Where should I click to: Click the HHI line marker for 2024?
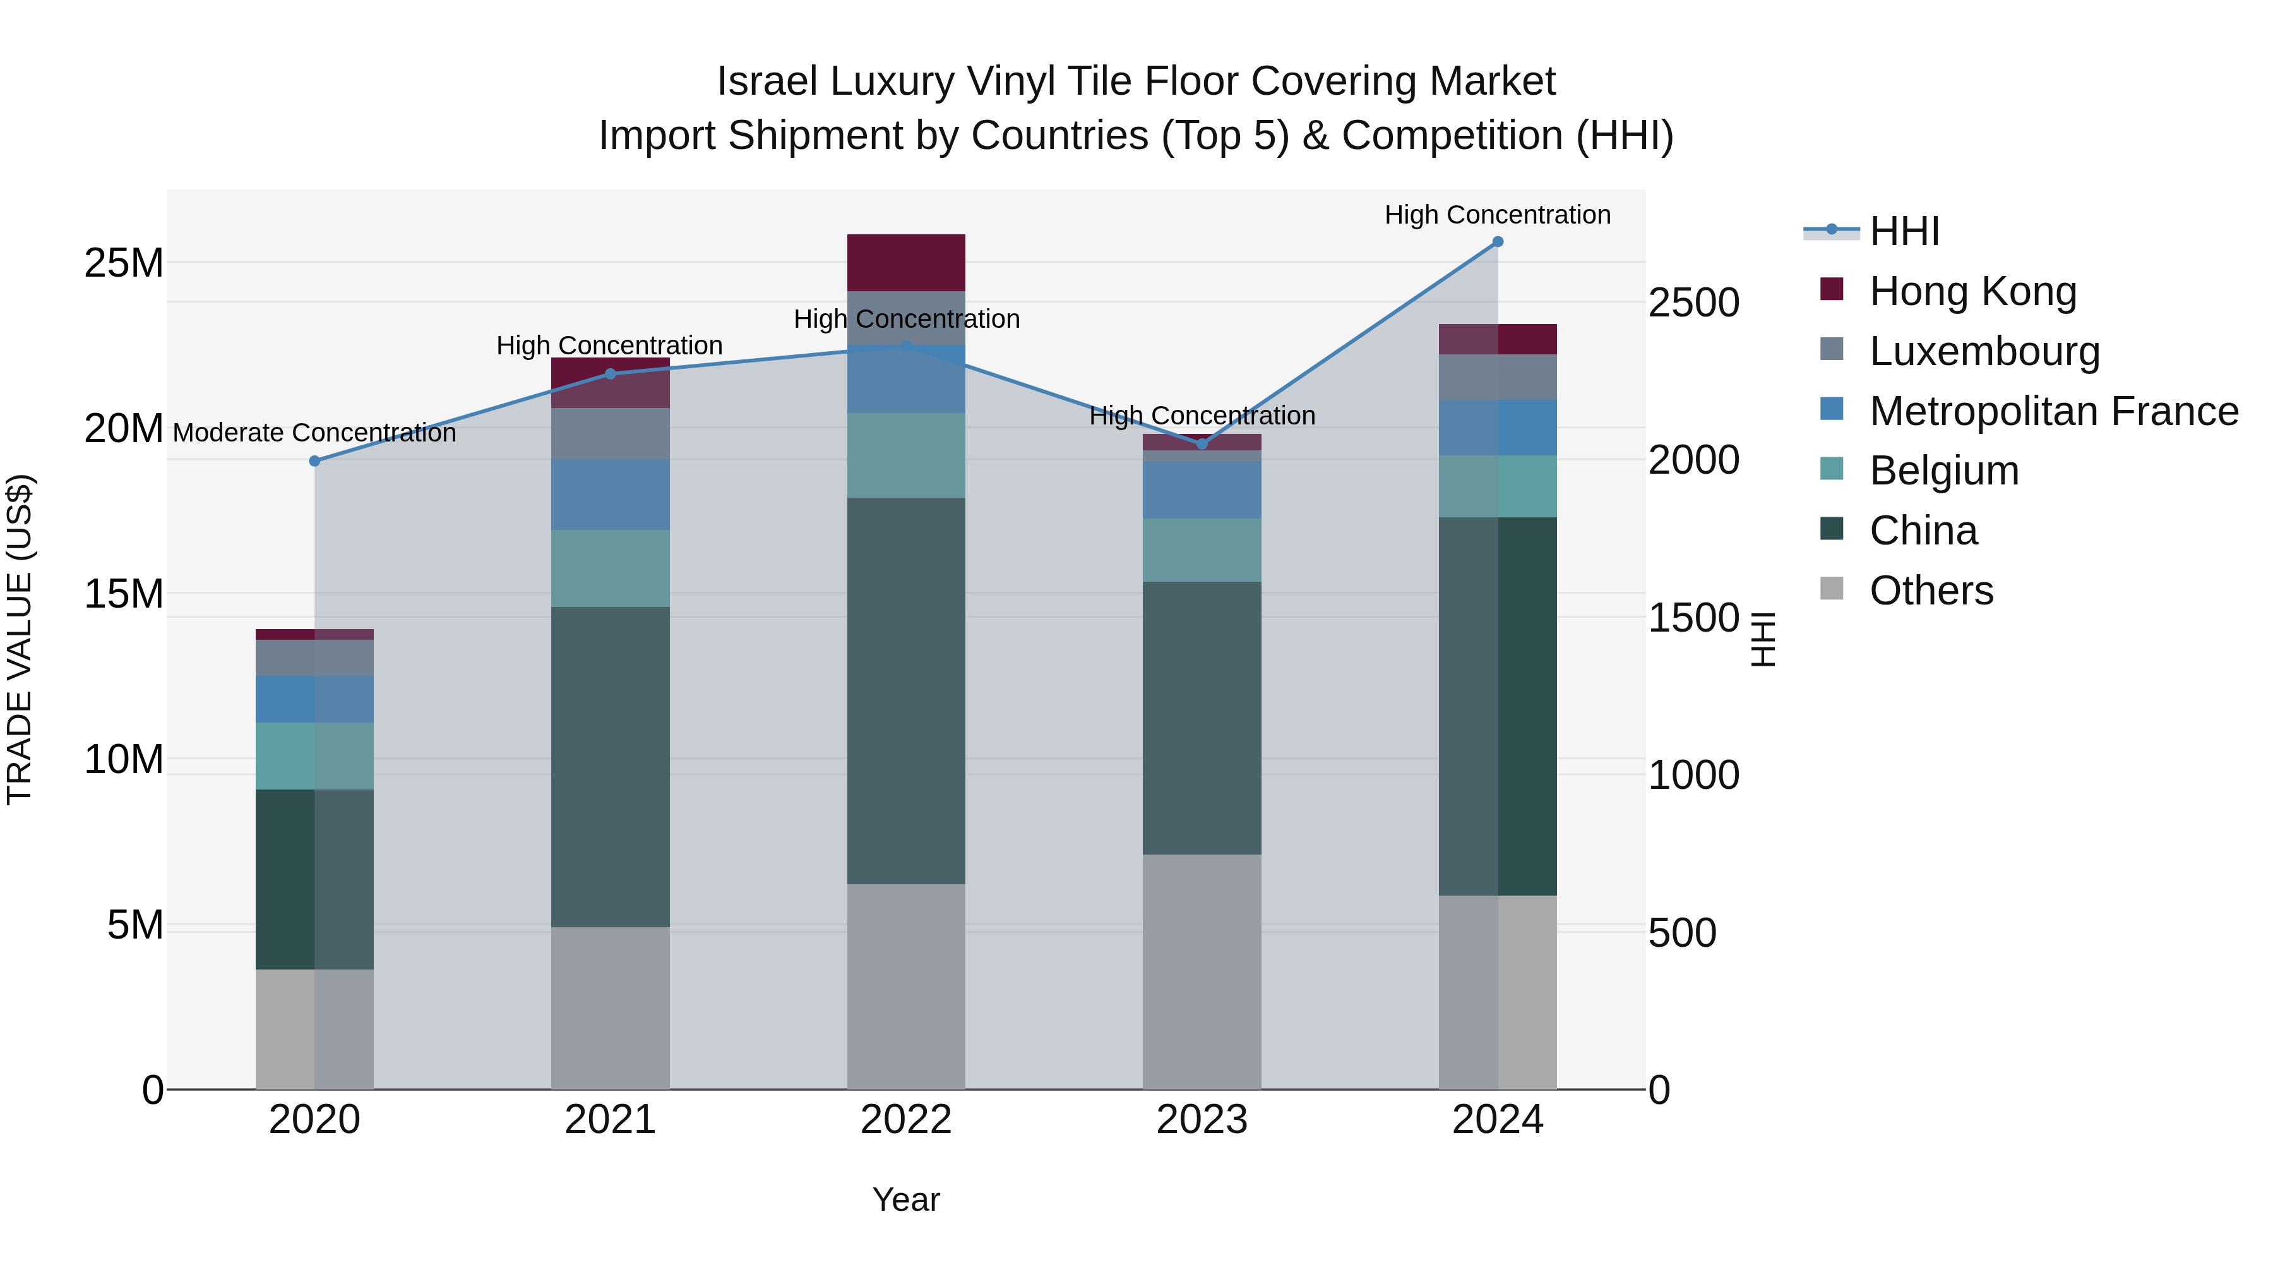click(x=1498, y=242)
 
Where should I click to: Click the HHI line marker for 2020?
click(x=315, y=461)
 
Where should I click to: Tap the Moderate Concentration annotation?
click(x=314, y=433)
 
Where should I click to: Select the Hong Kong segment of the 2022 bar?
click(x=906, y=263)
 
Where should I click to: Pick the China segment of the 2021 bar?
click(x=611, y=766)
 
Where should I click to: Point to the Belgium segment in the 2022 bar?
click(x=906, y=455)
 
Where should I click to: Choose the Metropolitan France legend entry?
click(x=2053, y=411)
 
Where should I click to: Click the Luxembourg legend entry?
click(x=1984, y=351)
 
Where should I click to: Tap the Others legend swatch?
click(x=1832, y=589)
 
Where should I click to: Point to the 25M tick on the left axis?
click(x=124, y=263)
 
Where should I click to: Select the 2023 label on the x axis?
click(x=1202, y=1120)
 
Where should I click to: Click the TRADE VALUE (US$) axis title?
click(x=20, y=639)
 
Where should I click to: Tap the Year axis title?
click(x=906, y=1199)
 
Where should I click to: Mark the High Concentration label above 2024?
click(x=1498, y=215)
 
